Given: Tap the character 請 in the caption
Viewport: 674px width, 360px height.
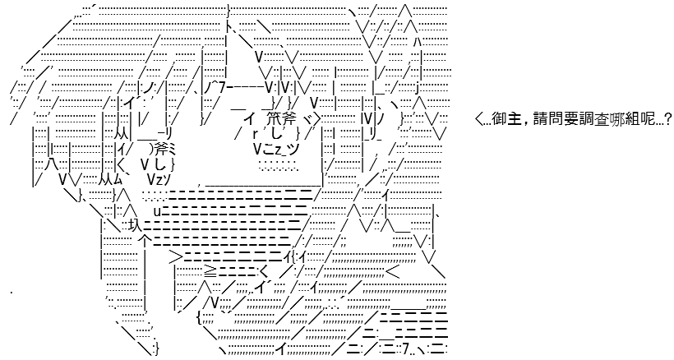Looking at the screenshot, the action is pyautogui.click(x=540, y=119).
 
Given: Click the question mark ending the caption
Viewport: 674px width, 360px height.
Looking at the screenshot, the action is pyautogui.click(x=667, y=119).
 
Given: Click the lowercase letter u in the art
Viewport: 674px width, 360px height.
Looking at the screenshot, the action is pyautogui.click(x=157, y=211).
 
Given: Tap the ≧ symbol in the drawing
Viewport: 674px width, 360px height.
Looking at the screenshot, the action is pyautogui.click(x=210, y=270).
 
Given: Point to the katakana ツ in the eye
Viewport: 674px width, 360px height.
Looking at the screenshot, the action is pyautogui.click(x=293, y=149).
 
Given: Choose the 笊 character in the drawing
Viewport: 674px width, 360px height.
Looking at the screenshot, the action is pyautogui.click(x=273, y=118).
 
